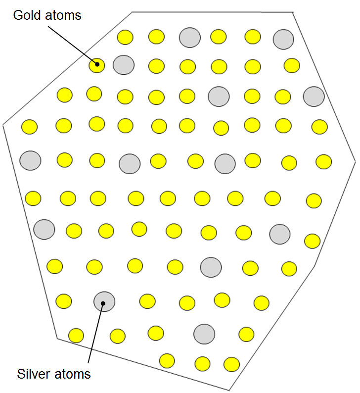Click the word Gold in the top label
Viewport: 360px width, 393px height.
point(27,15)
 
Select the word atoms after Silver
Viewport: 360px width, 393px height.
point(72,375)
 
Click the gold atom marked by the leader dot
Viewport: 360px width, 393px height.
point(97,65)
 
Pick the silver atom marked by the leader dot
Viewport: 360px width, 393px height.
point(104,301)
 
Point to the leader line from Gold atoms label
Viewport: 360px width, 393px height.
point(73,46)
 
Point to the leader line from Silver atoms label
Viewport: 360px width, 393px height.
point(95,333)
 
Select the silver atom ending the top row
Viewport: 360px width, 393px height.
point(283,39)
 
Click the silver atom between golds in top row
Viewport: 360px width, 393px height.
point(190,38)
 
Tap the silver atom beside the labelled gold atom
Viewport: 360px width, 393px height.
point(124,65)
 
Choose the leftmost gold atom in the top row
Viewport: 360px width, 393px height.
point(125,37)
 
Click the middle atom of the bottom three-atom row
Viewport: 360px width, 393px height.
point(203,364)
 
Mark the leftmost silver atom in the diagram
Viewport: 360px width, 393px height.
point(30,160)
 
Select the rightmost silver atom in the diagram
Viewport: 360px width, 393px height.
point(314,97)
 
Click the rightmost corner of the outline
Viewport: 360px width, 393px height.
point(355,161)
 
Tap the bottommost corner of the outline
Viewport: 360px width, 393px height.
point(229,390)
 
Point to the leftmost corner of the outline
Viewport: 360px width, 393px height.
point(3,125)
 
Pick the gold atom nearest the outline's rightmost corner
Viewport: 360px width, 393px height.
point(324,162)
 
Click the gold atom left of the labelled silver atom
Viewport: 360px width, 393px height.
point(64,301)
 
